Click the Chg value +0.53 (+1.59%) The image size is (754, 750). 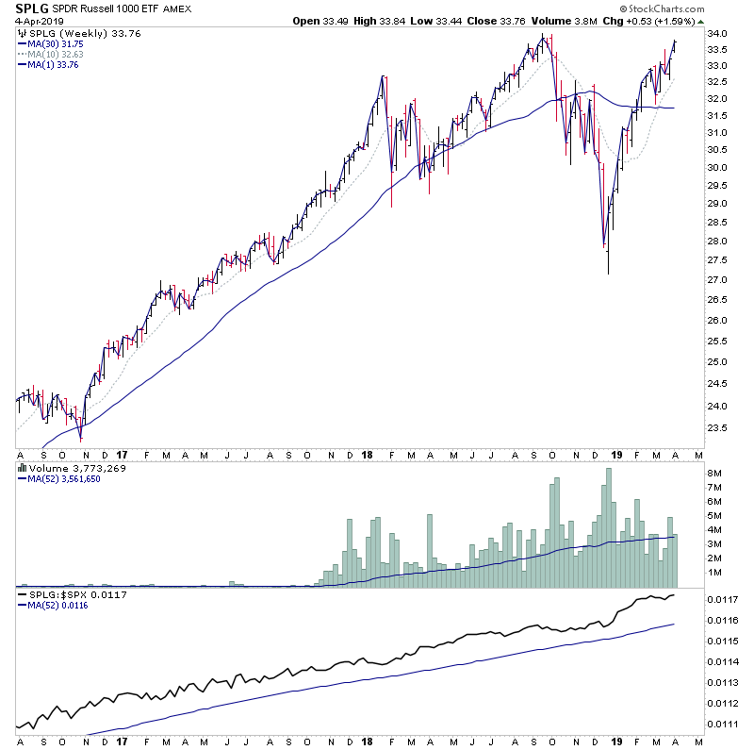click(x=665, y=21)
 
